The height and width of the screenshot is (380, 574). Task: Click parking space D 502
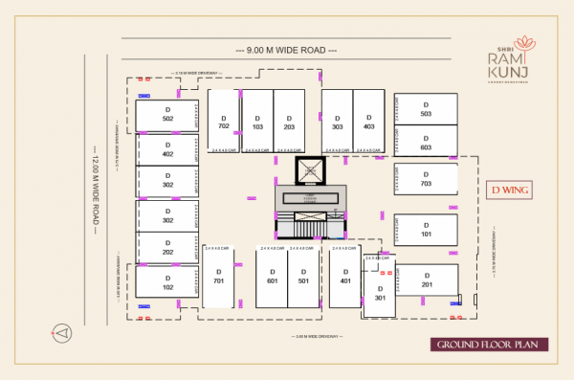coord(167,116)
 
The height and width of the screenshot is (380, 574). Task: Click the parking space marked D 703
coord(426,178)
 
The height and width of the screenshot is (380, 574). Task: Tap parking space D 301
coord(380,292)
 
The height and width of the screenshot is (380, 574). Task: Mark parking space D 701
coord(218,278)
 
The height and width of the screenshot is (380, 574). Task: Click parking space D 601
coord(272,278)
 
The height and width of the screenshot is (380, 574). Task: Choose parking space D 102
coord(167,281)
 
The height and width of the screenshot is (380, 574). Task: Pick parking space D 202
coord(167,247)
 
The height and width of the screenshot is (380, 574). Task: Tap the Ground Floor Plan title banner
coord(482,345)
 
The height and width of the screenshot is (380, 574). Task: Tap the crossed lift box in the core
coord(310,172)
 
